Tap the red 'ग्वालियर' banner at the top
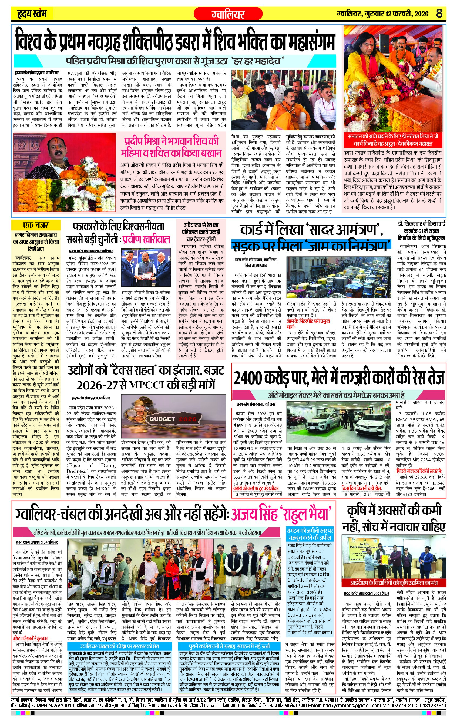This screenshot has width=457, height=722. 228,14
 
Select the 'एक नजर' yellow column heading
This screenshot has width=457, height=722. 36,225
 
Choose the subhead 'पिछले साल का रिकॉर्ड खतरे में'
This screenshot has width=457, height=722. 419,471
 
